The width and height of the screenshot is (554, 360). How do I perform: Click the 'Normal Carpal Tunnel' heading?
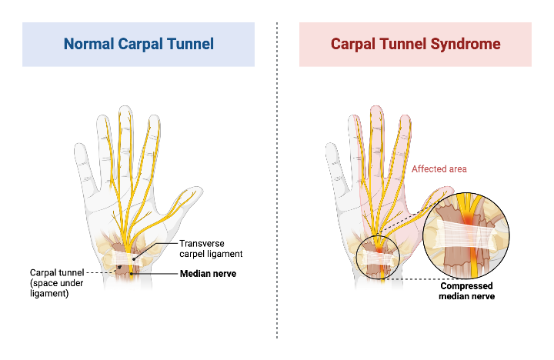(138, 44)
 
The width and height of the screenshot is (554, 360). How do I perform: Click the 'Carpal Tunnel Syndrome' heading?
(415, 44)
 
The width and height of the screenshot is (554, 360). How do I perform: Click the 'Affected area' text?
(439, 168)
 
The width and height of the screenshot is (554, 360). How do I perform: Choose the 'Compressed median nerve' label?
(466, 291)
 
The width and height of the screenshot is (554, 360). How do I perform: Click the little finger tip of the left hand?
(78, 148)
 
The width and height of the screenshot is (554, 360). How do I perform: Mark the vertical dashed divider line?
(277, 192)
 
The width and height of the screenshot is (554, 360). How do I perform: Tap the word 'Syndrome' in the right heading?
(467, 44)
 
